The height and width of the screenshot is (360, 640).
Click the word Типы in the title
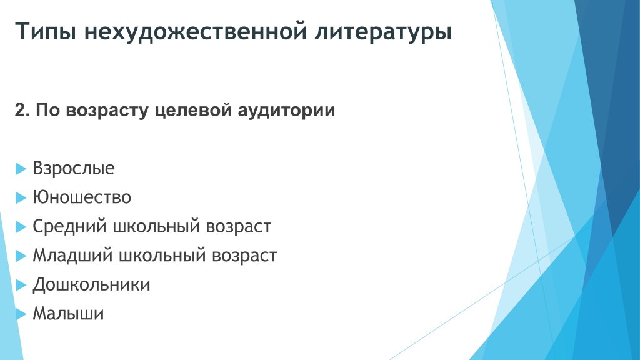(46, 32)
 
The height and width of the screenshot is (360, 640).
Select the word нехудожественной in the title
(196, 32)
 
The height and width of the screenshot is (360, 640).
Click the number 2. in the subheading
(22, 110)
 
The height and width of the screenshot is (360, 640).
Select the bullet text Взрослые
(74, 168)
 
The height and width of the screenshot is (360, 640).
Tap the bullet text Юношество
(82, 197)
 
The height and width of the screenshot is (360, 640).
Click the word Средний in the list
(69, 226)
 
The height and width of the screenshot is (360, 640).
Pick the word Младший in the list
(72, 256)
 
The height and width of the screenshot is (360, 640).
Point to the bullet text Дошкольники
(91, 285)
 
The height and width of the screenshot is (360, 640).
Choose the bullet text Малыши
(68, 314)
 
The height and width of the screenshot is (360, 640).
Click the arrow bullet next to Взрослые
(21, 169)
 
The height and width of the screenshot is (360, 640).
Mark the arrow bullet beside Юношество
(21, 198)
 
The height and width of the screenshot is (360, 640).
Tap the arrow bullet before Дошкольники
(21, 285)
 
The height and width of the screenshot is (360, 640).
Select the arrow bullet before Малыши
(21, 314)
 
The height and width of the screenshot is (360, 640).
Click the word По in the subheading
(48, 110)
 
